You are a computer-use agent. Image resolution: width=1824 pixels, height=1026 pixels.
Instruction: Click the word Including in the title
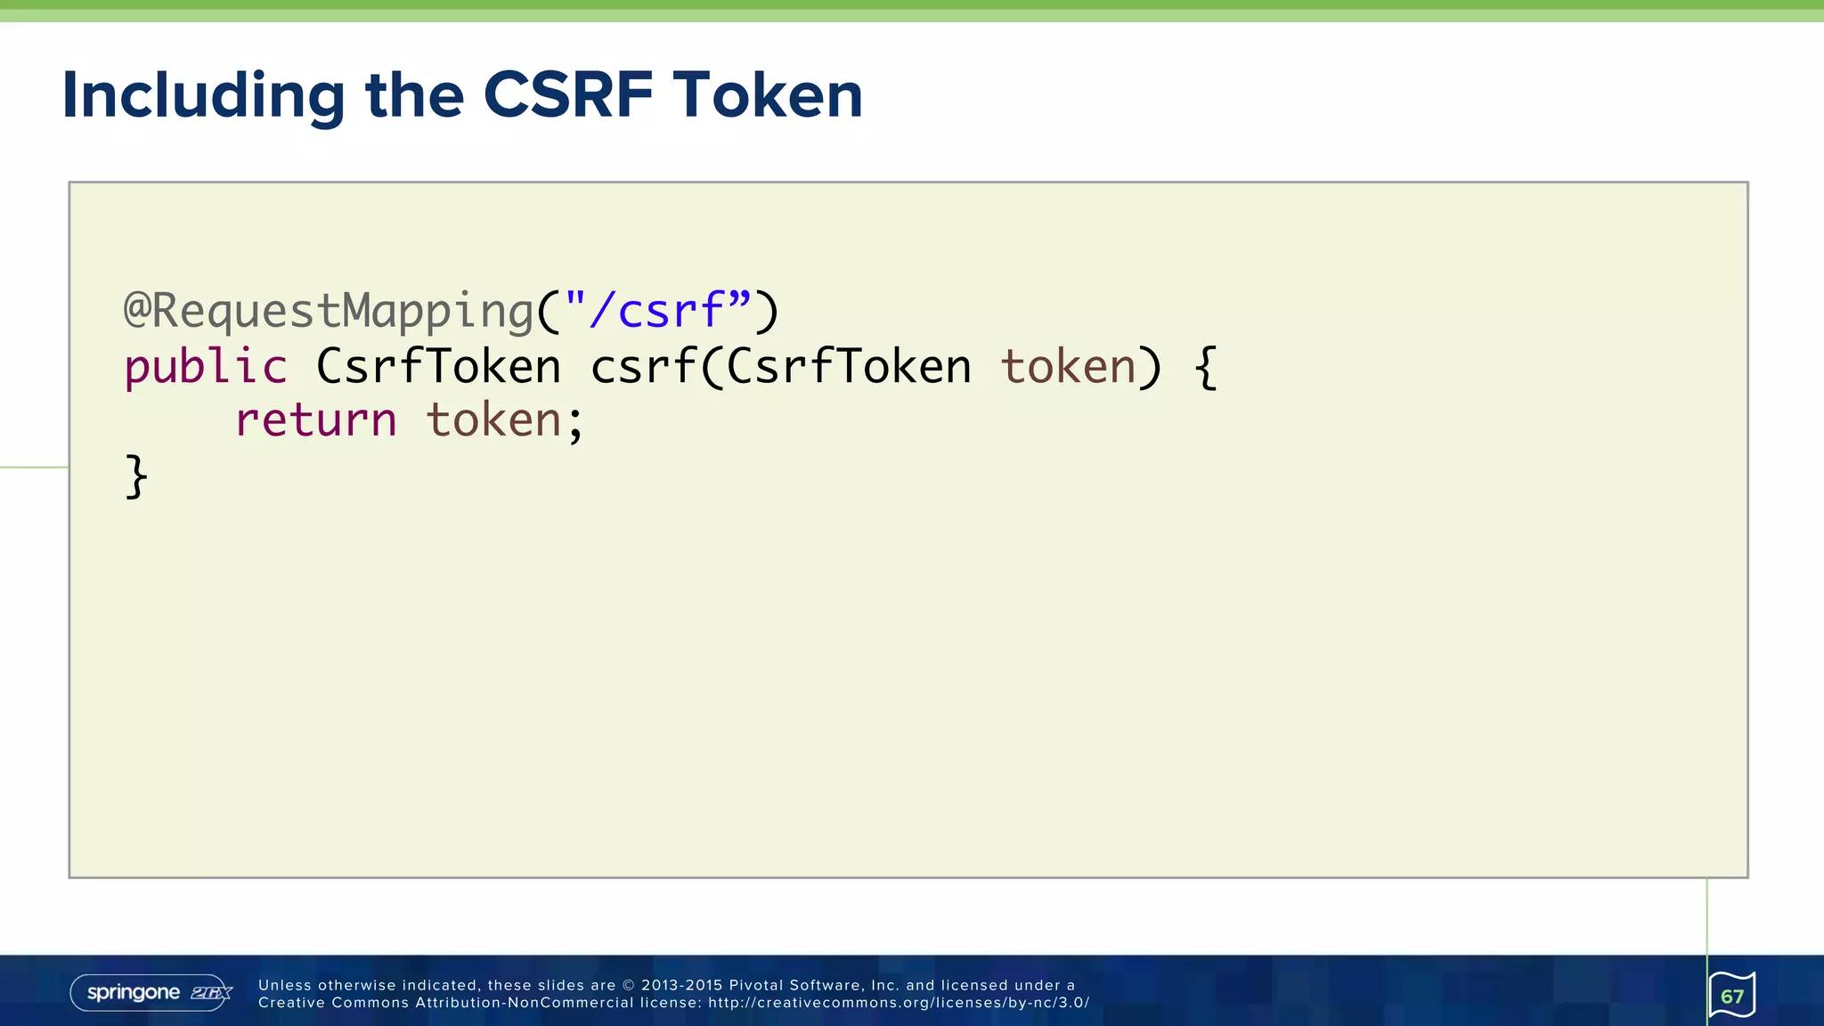(x=203, y=95)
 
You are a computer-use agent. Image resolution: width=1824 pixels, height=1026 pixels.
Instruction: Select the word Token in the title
(x=767, y=95)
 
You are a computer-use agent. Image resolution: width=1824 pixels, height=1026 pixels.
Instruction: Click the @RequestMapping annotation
(x=328, y=312)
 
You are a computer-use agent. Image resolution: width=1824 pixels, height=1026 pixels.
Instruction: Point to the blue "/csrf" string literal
(x=657, y=312)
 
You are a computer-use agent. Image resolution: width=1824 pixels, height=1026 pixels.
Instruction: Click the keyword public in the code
(x=206, y=367)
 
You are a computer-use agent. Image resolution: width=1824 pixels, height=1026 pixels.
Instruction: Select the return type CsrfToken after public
(x=438, y=367)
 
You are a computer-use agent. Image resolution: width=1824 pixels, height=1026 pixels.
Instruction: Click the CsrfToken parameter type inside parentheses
(x=849, y=367)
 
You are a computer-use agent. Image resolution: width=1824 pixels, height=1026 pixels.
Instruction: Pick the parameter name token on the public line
(x=1068, y=367)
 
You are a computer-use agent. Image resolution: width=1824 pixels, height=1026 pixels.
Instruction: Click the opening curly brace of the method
(x=1205, y=367)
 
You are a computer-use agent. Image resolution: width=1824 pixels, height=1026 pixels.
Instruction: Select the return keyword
(x=315, y=420)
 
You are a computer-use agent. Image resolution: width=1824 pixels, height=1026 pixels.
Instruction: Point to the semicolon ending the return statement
(x=575, y=424)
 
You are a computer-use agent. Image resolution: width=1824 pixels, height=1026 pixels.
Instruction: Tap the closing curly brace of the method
(x=135, y=476)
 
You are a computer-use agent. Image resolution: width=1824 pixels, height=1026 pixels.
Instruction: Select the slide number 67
(x=1732, y=996)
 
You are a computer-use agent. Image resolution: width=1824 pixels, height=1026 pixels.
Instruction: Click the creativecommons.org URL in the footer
(x=899, y=1003)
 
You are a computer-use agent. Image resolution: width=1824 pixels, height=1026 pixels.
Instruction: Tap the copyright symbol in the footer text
(x=628, y=985)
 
